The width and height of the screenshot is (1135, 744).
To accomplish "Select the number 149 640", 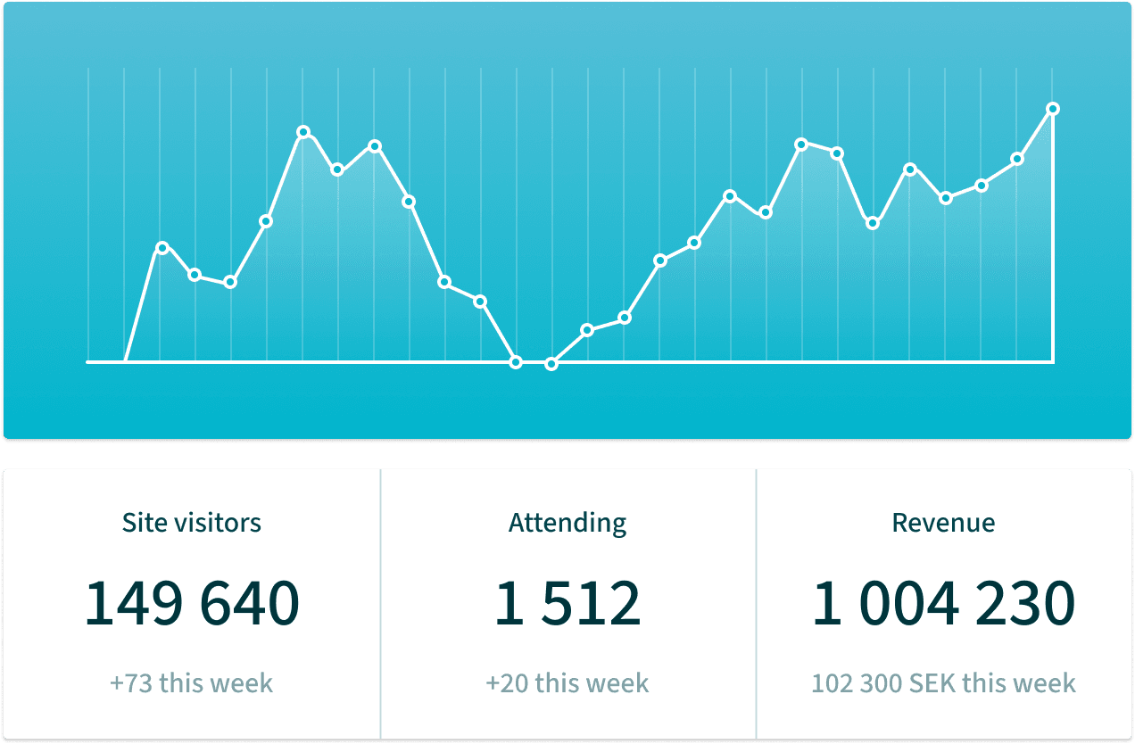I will (x=192, y=604).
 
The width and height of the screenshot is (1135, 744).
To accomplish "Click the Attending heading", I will (x=567, y=523).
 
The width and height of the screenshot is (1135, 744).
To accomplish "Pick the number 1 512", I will (x=567, y=604).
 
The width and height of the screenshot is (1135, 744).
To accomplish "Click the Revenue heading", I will (x=943, y=522).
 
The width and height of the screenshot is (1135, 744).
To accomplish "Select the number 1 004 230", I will (x=943, y=604).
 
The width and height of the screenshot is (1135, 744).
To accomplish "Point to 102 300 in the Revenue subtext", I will (x=857, y=684).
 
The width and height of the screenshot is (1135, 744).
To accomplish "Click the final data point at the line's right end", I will (x=1053, y=109).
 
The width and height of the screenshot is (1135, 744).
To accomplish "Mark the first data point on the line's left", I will (x=162, y=247).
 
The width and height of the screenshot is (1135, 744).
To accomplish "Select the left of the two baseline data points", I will (x=516, y=362).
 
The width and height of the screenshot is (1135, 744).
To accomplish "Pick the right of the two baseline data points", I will (x=551, y=363).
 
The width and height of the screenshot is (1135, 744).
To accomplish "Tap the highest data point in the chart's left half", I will (x=303, y=132).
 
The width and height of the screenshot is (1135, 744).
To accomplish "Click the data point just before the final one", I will (x=1016, y=159).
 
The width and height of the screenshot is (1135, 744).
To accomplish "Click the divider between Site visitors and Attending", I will (x=380, y=604).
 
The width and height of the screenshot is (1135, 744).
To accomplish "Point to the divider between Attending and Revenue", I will (x=756, y=604).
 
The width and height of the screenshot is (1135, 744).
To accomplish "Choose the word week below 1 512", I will (x=618, y=684).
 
